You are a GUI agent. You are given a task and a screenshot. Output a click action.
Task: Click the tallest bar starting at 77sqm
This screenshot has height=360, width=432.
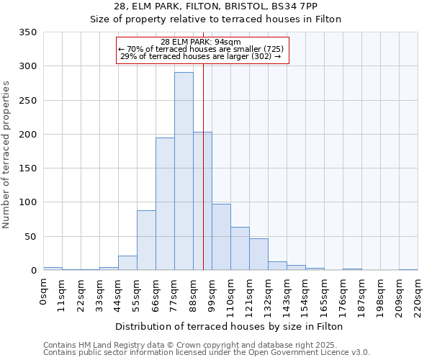[184, 171]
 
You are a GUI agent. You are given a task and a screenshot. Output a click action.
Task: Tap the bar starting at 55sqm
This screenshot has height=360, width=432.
[146, 240]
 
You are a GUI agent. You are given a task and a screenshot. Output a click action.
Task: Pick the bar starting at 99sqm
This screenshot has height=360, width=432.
[221, 237]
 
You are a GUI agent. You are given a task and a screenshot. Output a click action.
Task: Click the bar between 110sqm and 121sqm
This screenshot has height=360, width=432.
[240, 248]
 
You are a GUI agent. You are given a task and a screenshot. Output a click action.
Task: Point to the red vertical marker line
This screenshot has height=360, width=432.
[204, 166]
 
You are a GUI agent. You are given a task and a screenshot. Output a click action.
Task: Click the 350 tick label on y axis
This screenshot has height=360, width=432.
[28, 32]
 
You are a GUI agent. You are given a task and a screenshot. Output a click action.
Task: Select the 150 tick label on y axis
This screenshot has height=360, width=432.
[28, 168]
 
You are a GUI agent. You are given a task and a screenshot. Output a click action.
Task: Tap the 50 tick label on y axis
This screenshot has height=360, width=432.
[31, 237]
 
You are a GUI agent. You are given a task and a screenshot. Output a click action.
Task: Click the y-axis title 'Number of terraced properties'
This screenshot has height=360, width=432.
[6, 154]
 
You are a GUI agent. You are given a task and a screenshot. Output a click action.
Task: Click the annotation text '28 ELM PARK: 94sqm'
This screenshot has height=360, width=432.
[201, 42]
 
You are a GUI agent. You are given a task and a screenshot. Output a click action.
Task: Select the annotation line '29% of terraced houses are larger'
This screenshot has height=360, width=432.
[201, 56]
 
